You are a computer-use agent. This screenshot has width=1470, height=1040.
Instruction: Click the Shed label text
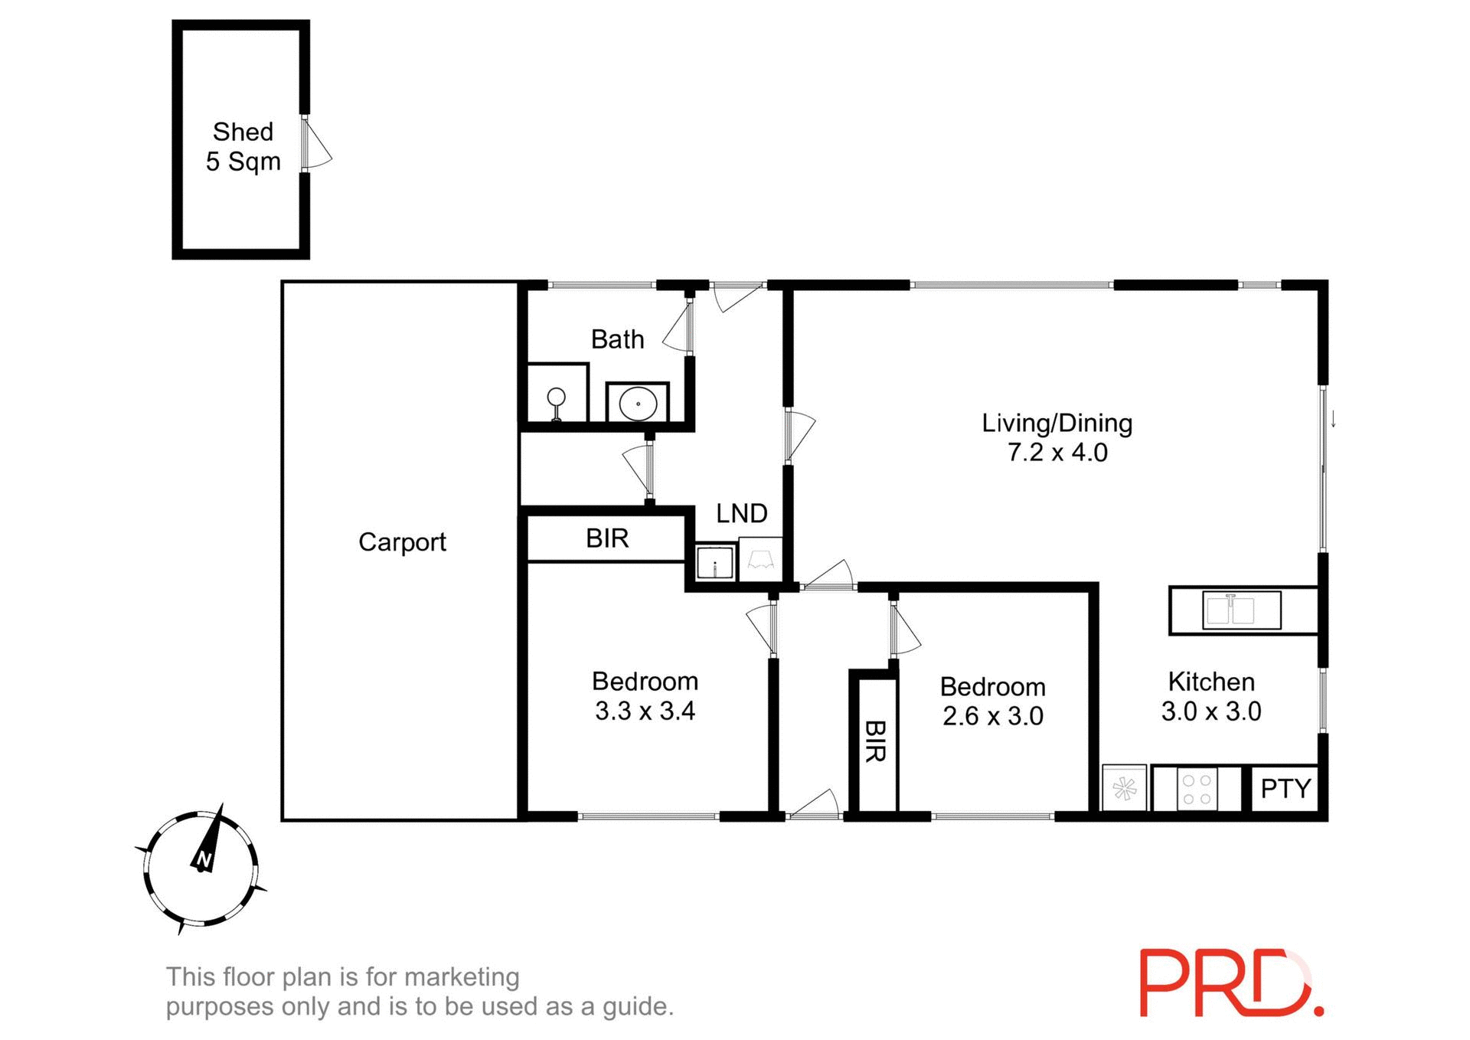[243, 132]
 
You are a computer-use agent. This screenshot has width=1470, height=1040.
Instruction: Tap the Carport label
[402, 542]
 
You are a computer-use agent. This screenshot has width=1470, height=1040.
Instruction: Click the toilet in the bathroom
[557, 403]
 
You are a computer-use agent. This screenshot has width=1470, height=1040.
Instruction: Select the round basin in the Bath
[638, 403]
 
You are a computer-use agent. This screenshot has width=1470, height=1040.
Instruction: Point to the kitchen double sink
[1241, 610]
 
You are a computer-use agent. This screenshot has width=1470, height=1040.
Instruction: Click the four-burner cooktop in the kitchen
[1197, 789]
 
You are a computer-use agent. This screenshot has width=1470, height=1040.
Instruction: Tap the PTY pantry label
[1285, 788]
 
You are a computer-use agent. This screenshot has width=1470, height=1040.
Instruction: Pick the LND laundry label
[741, 513]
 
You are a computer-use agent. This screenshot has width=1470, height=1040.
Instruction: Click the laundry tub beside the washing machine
[715, 563]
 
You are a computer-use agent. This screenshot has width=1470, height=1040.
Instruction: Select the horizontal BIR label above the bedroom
[607, 538]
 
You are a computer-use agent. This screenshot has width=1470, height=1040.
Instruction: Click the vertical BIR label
[875, 741]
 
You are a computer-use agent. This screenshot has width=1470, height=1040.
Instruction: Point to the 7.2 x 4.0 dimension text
[1057, 453]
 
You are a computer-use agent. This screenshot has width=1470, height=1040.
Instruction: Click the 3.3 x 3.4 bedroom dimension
[645, 711]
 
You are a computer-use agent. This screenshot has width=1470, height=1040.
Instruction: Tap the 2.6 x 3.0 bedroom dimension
[992, 716]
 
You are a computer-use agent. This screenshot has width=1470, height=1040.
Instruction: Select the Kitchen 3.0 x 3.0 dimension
[1210, 711]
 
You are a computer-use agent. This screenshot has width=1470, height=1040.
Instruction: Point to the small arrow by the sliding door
[1333, 419]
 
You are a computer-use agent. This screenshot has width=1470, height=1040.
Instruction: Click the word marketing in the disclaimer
[462, 976]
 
